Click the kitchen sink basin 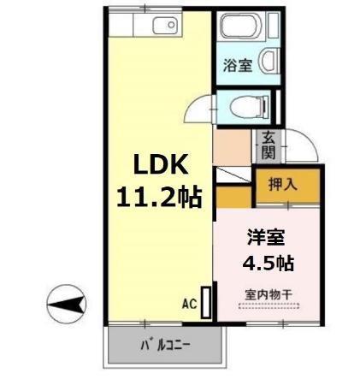pos(164,26)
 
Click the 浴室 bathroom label pos(238,65)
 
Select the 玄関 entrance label pos(268,145)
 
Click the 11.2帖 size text pos(159,198)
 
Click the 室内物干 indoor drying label pos(269,294)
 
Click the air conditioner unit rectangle pos(205,303)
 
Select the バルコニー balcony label pos(165,347)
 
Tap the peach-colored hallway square pos(231,147)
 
